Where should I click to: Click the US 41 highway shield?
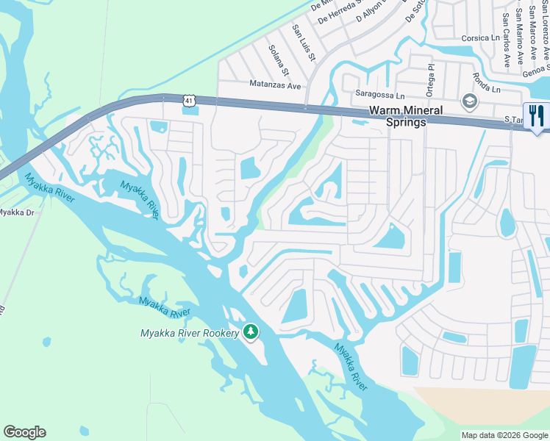[189, 98]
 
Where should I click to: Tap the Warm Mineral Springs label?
[406, 116]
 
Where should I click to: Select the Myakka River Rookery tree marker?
[251, 332]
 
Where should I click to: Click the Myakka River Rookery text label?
[190, 333]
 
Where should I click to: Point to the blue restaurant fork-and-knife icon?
[536, 117]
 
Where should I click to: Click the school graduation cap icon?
[468, 101]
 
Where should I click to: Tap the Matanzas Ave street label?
[275, 85]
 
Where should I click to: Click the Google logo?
[24, 432]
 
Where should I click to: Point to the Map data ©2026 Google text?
[504, 435]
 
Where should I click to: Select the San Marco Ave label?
[520, 34]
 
